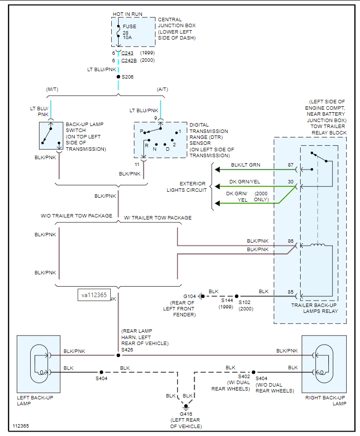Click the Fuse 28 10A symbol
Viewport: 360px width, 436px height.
pos(119,33)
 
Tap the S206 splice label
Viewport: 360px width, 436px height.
pos(127,77)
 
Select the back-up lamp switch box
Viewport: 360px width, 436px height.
pos(51,135)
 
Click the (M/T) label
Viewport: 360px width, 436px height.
pos(52,89)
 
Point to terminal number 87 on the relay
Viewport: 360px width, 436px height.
pos(291,164)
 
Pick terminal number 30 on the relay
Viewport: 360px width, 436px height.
pos(291,181)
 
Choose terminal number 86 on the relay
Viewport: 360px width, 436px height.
pos(291,241)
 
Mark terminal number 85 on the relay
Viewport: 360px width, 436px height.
pos(291,292)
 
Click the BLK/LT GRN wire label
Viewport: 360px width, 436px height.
pos(245,165)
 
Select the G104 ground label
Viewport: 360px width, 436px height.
pos(190,296)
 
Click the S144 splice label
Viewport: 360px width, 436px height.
pos(227,300)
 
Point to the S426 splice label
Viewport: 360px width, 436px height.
pos(128,349)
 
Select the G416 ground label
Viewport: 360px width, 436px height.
pos(186,414)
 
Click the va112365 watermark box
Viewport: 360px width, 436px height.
pos(94,295)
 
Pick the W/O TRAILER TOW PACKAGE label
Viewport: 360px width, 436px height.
pos(77,216)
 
